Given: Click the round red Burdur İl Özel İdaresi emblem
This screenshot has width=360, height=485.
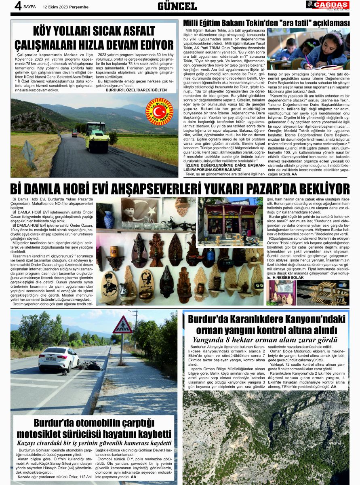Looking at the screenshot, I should pos(159,112).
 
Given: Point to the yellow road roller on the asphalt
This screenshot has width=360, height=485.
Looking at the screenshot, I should pos(97,137).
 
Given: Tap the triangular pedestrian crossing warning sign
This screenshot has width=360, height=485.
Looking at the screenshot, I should pos(122,325).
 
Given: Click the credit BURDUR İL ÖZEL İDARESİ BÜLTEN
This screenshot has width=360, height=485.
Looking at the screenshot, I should pos(141,90).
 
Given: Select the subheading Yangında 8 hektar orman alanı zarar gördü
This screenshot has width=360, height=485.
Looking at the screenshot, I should pos(265,339).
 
